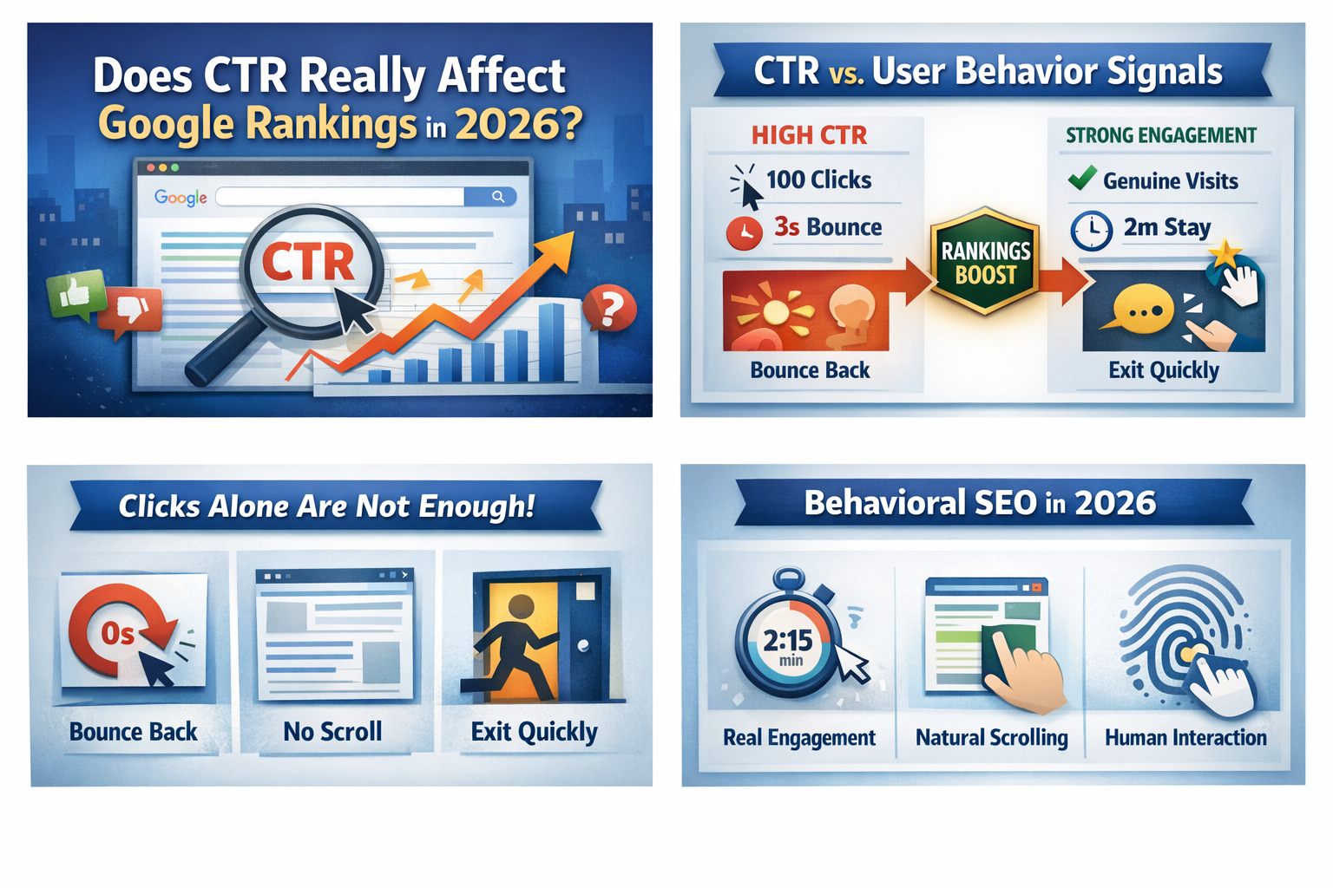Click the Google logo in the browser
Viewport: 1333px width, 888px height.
tap(181, 198)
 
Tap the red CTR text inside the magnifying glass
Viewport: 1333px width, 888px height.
tap(308, 262)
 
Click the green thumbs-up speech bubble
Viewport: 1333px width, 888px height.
tap(76, 294)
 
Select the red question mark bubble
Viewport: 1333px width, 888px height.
tap(609, 308)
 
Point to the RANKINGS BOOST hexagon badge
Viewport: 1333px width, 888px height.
tap(985, 260)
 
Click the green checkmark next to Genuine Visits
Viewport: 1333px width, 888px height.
tap(1082, 177)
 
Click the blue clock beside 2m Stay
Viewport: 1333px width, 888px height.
tap(1092, 231)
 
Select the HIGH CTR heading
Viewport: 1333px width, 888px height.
tap(809, 135)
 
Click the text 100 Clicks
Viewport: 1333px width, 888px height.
tap(819, 180)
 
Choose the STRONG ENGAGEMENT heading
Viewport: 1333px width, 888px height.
tap(1161, 135)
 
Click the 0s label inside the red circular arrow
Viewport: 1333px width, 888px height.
tap(118, 634)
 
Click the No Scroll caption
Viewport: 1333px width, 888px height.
tap(332, 732)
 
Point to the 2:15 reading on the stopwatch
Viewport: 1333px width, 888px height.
tap(788, 640)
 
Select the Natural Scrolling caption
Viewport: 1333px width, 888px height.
tap(991, 737)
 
